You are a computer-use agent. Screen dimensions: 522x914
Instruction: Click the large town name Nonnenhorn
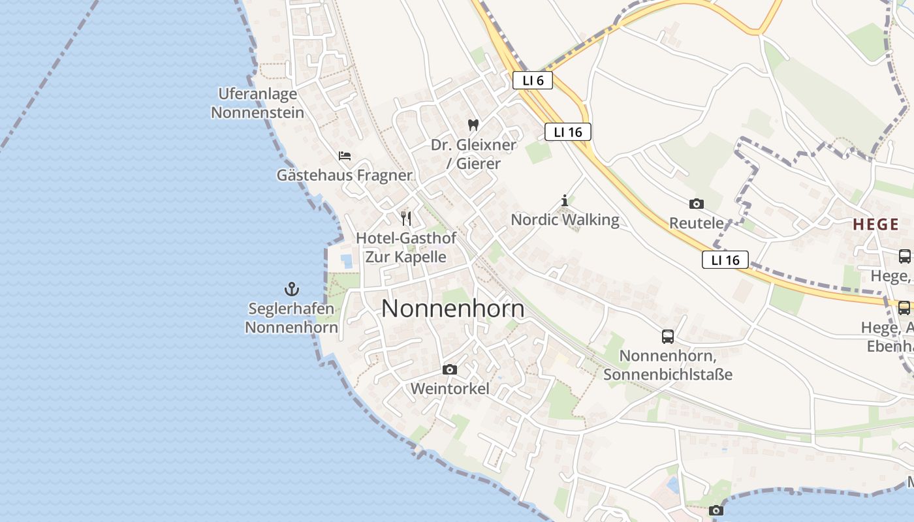click(452, 309)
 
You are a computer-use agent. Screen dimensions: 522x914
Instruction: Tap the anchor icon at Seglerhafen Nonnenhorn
click(291, 288)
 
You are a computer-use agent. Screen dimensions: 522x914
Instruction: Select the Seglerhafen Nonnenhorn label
click(291, 317)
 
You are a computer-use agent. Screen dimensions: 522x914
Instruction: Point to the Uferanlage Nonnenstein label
click(257, 103)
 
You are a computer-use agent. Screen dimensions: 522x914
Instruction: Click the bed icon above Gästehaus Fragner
click(345, 156)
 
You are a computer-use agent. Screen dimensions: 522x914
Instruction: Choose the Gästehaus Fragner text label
click(344, 175)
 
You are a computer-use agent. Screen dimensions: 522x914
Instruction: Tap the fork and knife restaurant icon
click(406, 218)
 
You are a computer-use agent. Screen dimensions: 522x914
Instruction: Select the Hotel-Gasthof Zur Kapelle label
click(405, 247)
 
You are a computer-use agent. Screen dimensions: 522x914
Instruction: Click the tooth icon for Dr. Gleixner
click(473, 125)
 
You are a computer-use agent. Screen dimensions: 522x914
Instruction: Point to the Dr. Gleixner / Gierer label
click(473, 154)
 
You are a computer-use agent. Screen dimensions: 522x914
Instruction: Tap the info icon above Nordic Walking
click(565, 200)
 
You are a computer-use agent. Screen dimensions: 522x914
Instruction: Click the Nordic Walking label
click(565, 219)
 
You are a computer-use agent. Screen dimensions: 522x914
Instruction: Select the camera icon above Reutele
click(696, 204)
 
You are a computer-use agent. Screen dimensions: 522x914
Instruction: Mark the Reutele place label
click(696, 223)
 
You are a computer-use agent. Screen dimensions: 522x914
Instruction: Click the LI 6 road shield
click(533, 80)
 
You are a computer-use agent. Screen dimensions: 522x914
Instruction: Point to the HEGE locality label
click(875, 224)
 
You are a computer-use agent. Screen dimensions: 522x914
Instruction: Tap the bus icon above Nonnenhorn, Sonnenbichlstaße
click(667, 337)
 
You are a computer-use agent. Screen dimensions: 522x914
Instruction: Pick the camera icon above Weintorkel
click(449, 370)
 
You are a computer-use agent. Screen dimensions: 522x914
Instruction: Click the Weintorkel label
click(449, 389)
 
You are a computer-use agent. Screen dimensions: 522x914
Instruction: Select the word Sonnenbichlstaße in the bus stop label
click(668, 375)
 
